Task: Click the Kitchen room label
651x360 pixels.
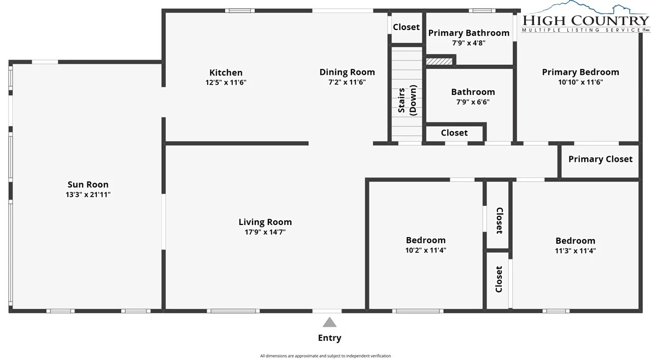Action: point(226,73)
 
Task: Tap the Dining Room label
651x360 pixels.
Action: point(347,72)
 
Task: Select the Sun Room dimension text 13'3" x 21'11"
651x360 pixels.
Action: point(88,194)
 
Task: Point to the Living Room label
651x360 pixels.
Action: point(265,222)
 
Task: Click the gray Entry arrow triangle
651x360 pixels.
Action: point(330,322)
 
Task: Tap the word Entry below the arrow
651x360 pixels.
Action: point(330,338)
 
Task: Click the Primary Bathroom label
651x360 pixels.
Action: point(469,33)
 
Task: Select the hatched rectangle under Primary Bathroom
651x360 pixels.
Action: point(439,61)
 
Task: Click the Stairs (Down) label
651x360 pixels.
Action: point(407,100)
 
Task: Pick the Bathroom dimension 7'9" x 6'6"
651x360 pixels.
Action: point(473,102)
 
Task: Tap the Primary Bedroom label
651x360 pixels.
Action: point(580,72)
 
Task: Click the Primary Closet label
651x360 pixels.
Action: point(600,160)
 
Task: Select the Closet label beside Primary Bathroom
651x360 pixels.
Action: point(406,27)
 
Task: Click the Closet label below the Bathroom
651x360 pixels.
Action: point(454,133)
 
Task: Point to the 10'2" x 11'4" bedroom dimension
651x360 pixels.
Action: point(426,250)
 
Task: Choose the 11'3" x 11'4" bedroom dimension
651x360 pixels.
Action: point(575,251)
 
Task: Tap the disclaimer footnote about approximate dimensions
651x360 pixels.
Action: point(326,356)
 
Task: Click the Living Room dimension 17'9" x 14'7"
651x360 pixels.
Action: point(265,232)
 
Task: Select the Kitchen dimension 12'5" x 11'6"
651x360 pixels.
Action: point(226,82)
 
